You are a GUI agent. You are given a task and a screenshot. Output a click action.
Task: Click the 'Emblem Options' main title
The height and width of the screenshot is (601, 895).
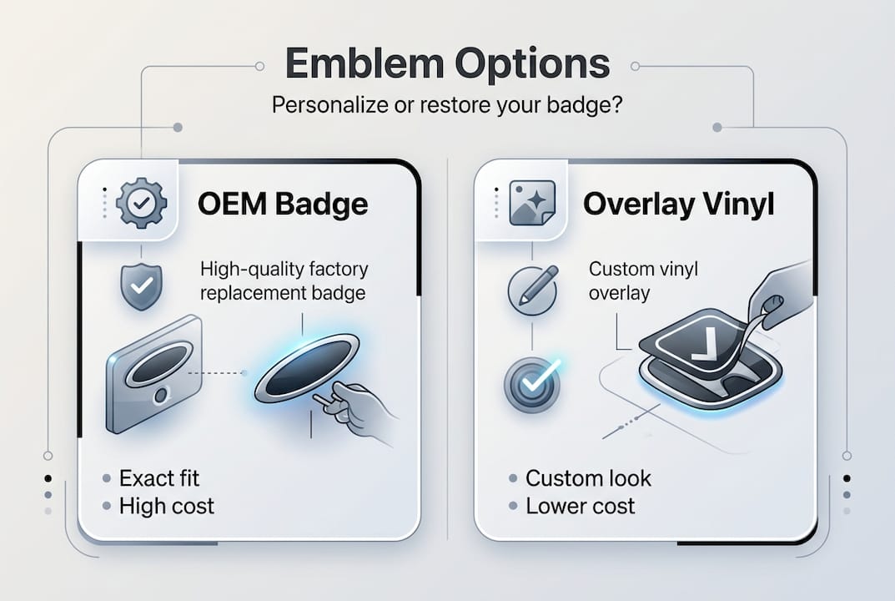tap(447, 64)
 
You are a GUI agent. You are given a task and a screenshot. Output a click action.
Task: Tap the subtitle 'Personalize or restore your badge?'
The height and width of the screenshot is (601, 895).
tap(447, 105)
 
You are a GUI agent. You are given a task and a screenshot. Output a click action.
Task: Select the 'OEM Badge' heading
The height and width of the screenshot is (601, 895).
tap(283, 204)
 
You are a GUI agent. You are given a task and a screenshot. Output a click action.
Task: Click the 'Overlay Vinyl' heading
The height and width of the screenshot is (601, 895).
tap(679, 204)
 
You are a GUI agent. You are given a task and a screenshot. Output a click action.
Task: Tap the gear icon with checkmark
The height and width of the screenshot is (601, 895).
tap(141, 203)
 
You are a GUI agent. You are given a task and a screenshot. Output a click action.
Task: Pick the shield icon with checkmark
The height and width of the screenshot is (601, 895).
tap(142, 286)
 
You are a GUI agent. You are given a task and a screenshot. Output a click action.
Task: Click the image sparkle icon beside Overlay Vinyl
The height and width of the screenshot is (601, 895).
tap(532, 203)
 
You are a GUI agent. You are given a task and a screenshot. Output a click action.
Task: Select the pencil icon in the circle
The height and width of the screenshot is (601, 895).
tap(532, 290)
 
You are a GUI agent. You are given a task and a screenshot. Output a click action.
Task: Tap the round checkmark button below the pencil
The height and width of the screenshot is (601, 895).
tap(532, 384)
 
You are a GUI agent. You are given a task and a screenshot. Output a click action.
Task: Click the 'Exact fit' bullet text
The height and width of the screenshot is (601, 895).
tap(159, 478)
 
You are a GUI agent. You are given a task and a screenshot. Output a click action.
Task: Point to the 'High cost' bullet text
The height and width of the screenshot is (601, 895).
tap(167, 506)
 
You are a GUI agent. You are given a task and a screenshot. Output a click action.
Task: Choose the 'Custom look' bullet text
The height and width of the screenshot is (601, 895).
tap(589, 478)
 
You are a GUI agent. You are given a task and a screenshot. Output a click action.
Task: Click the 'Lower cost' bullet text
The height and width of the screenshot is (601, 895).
tap(581, 506)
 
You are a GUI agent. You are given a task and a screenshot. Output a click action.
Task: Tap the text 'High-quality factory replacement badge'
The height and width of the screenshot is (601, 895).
tap(284, 281)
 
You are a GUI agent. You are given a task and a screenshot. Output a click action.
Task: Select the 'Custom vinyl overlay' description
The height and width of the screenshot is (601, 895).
tap(643, 281)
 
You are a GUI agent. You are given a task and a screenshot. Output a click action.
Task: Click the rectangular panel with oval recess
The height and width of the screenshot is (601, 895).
tap(154, 374)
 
